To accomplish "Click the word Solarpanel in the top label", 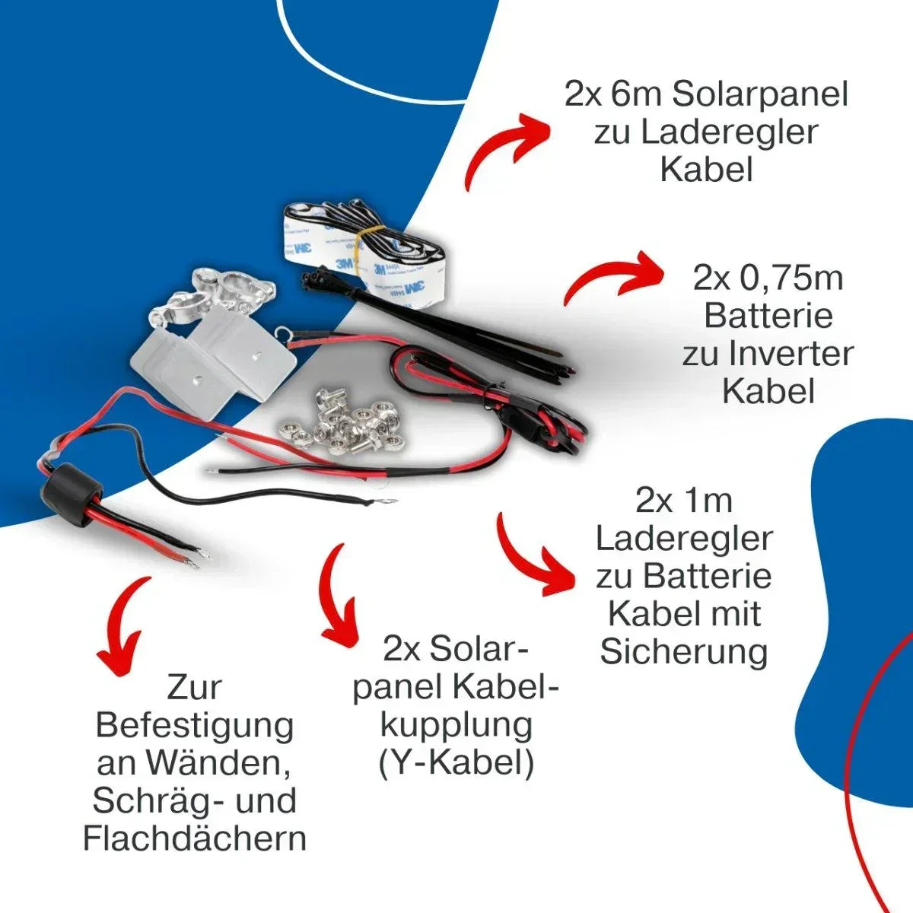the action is click(x=759, y=95).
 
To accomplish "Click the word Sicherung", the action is click(x=684, y=652).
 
